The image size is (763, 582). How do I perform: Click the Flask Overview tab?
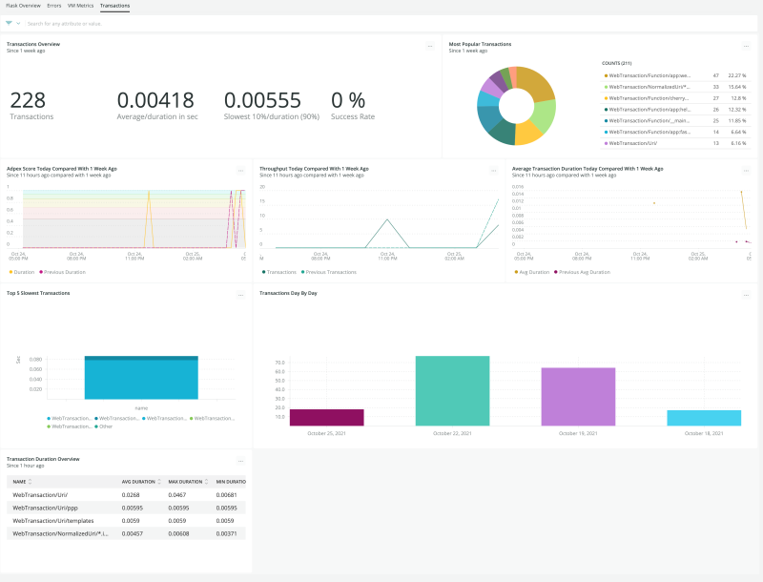23,6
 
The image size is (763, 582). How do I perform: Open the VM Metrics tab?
80,6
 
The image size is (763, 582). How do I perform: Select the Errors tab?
54,6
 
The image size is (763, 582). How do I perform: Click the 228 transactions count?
28,100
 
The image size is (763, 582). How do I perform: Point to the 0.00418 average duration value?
155,100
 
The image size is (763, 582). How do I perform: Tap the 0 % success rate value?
348,100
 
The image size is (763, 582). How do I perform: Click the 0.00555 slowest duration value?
262,100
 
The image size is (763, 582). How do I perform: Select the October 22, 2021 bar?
452,390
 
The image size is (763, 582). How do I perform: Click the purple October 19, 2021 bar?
578,396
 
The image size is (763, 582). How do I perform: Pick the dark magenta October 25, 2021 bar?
326,417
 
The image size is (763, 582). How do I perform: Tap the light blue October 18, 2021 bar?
704,418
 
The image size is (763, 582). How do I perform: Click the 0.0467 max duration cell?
178,495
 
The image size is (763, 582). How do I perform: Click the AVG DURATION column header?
139,481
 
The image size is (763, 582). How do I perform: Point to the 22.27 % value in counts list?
735,75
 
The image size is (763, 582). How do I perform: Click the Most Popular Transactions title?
480,44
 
